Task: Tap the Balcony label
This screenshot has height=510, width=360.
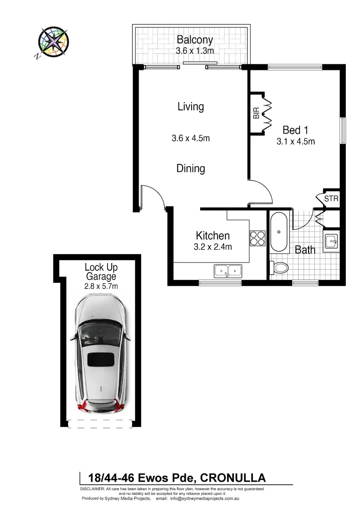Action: (194, 40)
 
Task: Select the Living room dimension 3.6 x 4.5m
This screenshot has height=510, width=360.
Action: (190, 138)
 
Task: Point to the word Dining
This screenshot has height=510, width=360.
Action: (191, 168)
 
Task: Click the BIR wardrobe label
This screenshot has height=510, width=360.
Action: (256, 113)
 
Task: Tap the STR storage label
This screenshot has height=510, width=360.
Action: (331, 199)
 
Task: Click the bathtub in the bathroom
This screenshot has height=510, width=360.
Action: (279, 232)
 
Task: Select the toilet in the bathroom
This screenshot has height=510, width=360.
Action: (279, 268)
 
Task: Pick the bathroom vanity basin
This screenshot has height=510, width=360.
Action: (331, 241)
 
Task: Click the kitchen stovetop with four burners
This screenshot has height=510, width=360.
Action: (258, 238)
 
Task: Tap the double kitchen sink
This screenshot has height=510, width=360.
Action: (228, 271)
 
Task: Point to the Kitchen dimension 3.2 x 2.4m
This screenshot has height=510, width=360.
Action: (213, 246)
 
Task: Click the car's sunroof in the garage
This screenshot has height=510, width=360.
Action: (101, 359)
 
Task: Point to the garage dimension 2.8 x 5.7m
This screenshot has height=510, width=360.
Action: (100, 286)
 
